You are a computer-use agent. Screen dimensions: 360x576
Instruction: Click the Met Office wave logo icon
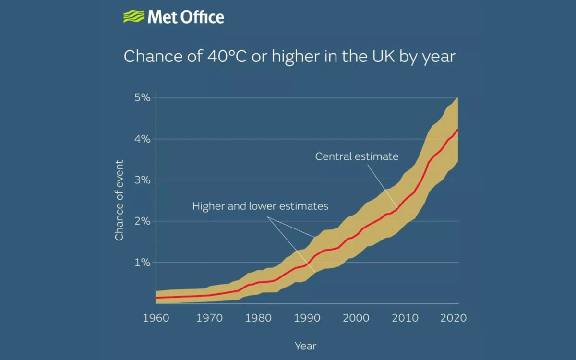133,17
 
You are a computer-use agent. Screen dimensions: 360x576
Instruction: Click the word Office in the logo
201,17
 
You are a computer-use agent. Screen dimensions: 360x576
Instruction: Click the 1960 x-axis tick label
156,318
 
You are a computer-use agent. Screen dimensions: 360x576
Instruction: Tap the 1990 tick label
307,318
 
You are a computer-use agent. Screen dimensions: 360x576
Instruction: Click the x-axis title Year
305,346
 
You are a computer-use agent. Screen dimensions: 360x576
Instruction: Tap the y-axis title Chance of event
120,200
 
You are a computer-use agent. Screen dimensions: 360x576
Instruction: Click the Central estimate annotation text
357,156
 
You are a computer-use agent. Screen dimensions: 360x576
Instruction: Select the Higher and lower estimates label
260,206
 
